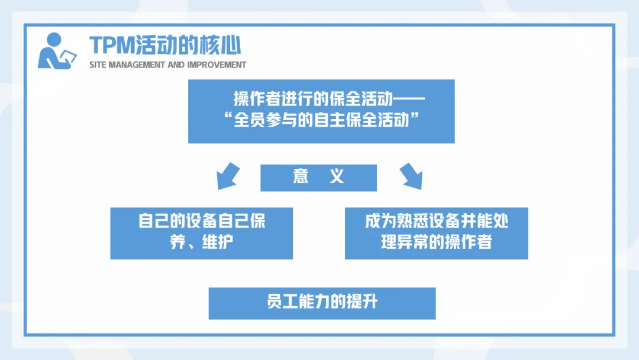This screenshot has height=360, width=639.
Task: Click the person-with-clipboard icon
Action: coord(57,51)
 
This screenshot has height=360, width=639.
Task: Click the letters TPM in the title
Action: coord(112,45)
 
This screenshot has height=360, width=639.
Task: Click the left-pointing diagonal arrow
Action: coord(227,175)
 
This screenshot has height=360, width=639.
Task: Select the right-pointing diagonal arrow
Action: coord(411,175)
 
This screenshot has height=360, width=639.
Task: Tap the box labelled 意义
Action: coord(318,178)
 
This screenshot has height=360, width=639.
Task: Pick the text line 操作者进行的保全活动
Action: coord(319,99)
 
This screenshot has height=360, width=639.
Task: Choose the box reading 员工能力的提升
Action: coord(322,303)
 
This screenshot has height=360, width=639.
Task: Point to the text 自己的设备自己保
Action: coord(202,221)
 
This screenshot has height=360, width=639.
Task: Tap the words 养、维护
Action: coord(202,243)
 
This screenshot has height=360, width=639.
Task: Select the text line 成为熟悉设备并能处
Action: coord(437,221)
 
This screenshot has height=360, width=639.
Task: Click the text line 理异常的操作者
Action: coord(437,243)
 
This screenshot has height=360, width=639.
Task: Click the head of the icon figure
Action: coord(53,40)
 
